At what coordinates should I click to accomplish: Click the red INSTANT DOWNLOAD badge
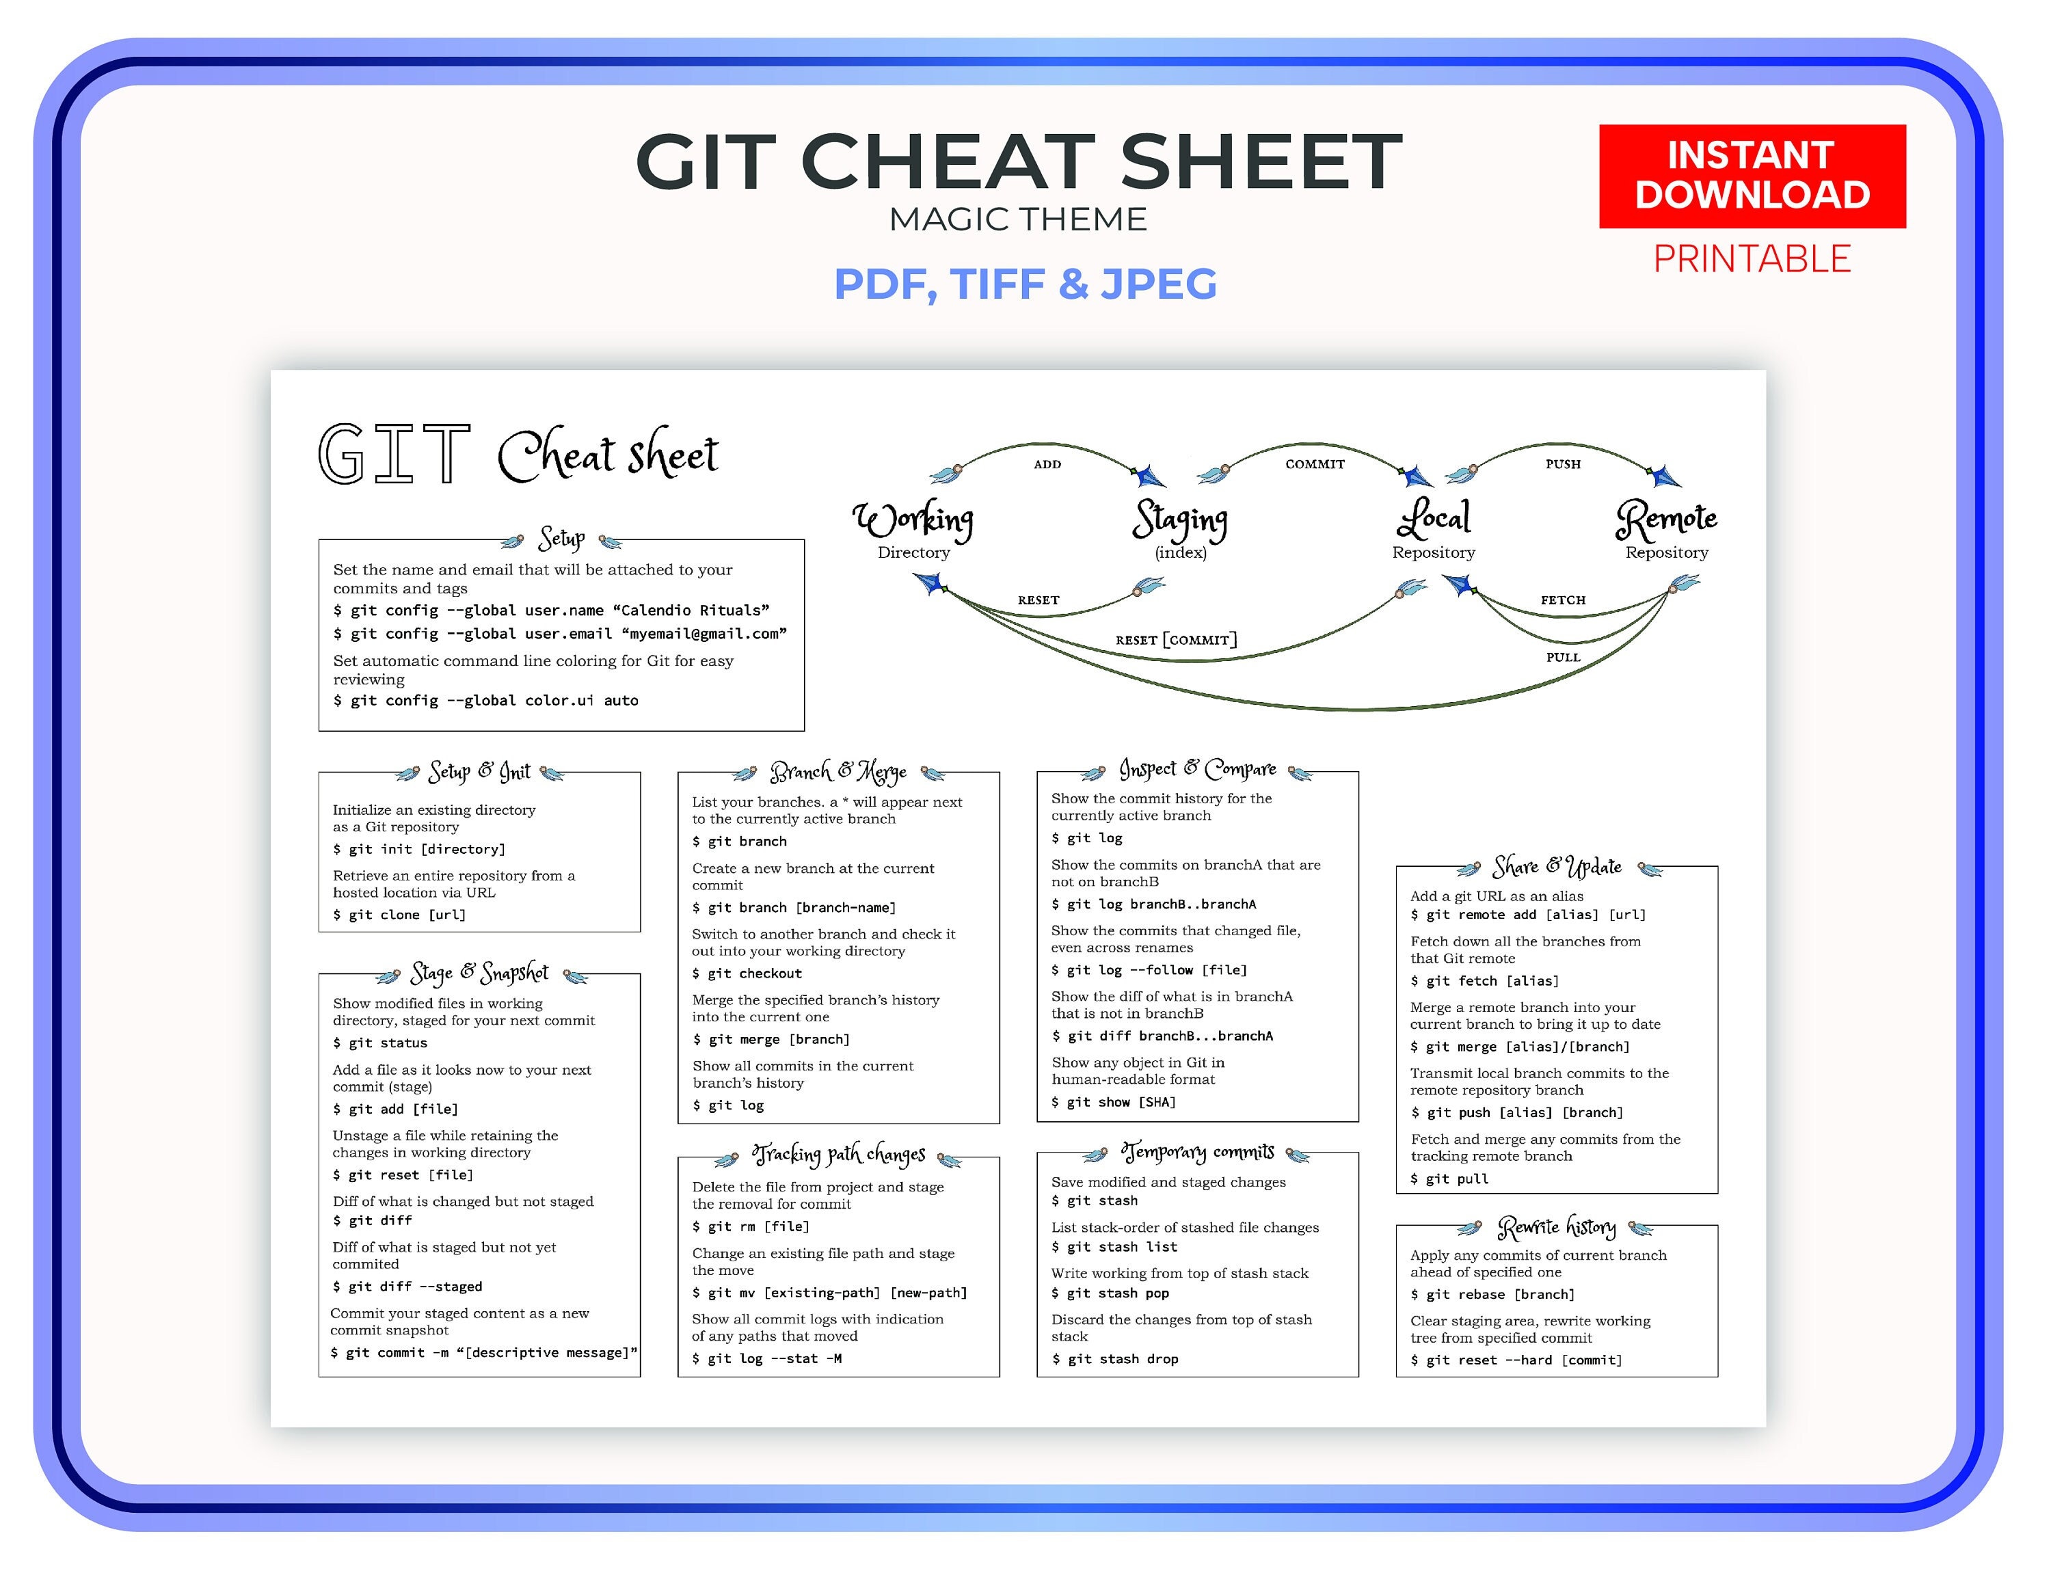(1752, 176)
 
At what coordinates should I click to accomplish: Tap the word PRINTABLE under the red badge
(1752, 258)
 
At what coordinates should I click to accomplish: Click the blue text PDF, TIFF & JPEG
(1025, 284)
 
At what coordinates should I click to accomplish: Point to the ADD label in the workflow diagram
(1047, 464)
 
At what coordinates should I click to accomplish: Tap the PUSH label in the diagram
(1562, 464)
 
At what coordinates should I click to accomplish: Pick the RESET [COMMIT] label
(1176, 639)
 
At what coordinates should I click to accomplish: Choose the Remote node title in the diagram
(1666, 519)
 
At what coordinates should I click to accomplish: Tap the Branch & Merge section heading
(837, 772)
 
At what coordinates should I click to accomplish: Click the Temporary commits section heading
(1198, 1152)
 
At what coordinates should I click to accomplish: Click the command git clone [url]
(400, 915)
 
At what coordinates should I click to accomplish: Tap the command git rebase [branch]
(1493, 1295)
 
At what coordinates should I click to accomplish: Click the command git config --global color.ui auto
(486, 700)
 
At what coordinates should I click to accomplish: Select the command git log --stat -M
(766, 1358)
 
